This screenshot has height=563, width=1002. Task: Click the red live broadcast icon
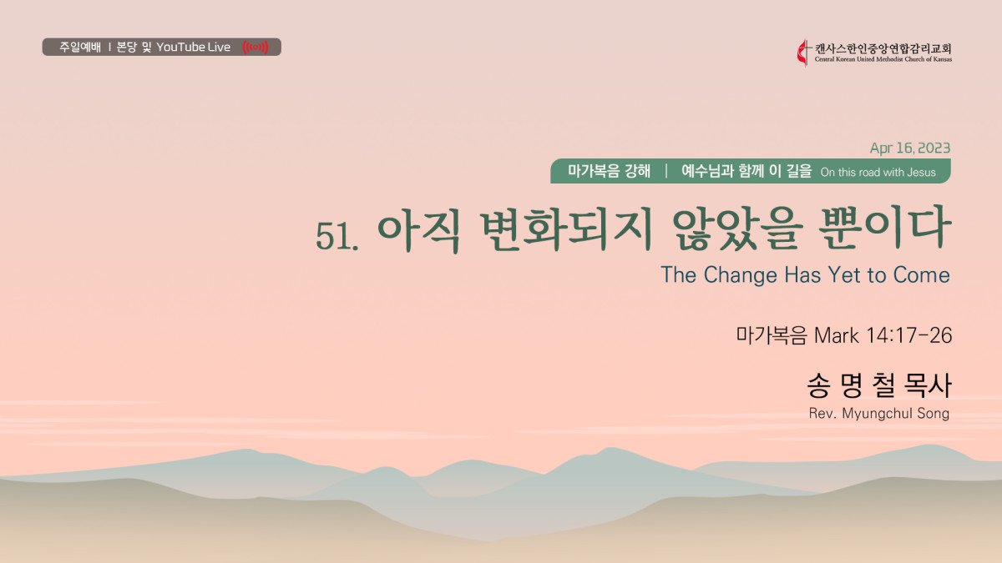256,47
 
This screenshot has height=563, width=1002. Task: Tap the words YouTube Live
193,47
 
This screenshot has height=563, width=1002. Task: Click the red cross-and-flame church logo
803,53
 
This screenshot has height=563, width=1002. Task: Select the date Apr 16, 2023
910,148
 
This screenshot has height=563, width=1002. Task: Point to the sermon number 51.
337,235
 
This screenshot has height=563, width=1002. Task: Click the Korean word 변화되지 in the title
564,230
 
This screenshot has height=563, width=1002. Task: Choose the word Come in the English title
922,274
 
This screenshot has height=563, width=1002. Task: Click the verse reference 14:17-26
909,335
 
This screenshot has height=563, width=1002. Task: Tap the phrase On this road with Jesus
878,173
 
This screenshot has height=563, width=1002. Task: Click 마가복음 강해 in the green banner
609,171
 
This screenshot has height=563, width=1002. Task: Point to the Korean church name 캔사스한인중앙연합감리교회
883,48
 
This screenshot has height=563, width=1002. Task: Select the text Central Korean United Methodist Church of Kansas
883,59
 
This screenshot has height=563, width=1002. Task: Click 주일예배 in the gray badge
80,47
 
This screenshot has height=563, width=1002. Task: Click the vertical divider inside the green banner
666,171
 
